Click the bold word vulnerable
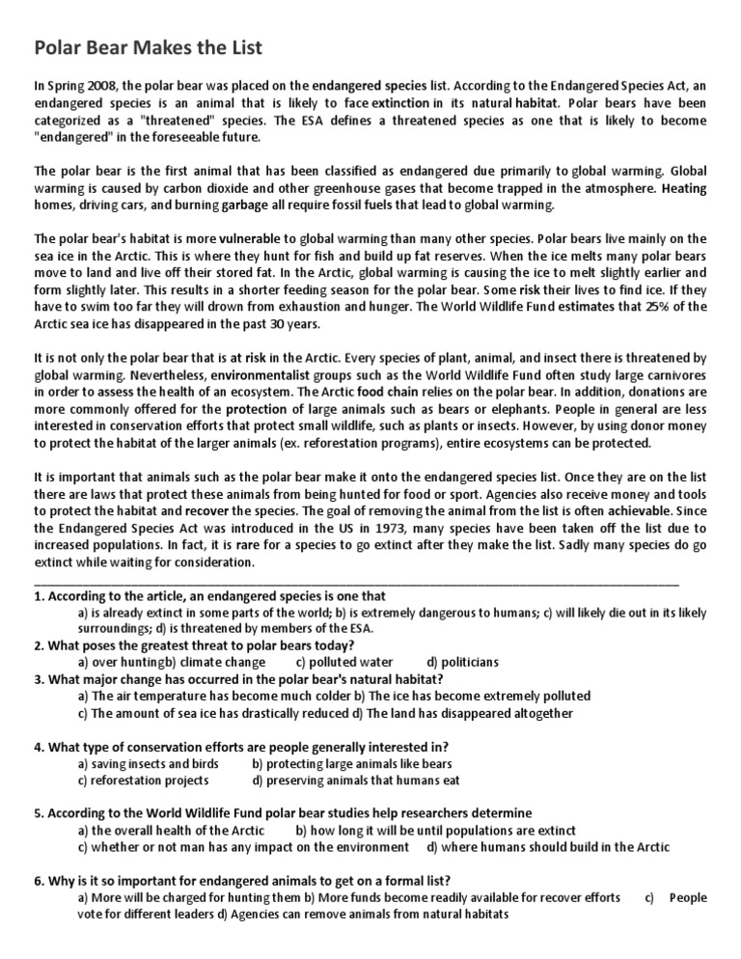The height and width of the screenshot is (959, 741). (250, 238)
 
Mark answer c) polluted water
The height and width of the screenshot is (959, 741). (344, 662)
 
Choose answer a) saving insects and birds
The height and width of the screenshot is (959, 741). (148, 764)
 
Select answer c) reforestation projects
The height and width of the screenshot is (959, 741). (143, 781)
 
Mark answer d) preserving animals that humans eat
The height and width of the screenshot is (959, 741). (356, 781)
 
